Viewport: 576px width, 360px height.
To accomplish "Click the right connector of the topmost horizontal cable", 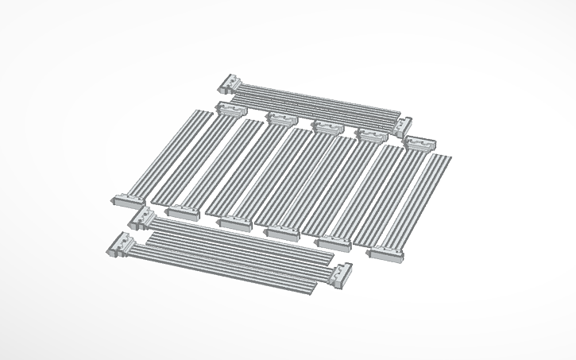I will click(x=404, y=124).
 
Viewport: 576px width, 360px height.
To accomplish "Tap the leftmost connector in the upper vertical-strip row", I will click(x=231, y=110).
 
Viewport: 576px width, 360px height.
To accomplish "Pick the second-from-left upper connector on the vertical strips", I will click(x=280, y=119).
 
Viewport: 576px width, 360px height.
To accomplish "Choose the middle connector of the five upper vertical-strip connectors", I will click(x=326, y=126).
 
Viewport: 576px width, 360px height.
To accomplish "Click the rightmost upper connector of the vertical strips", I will click(x=419, y=144).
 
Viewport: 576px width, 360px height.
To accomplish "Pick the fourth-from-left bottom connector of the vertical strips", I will click(x=282, y=232).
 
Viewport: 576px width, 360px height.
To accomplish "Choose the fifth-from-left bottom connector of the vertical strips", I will click(x=332, y=242).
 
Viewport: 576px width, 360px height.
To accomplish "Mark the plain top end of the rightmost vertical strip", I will click(x=439, y=158).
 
